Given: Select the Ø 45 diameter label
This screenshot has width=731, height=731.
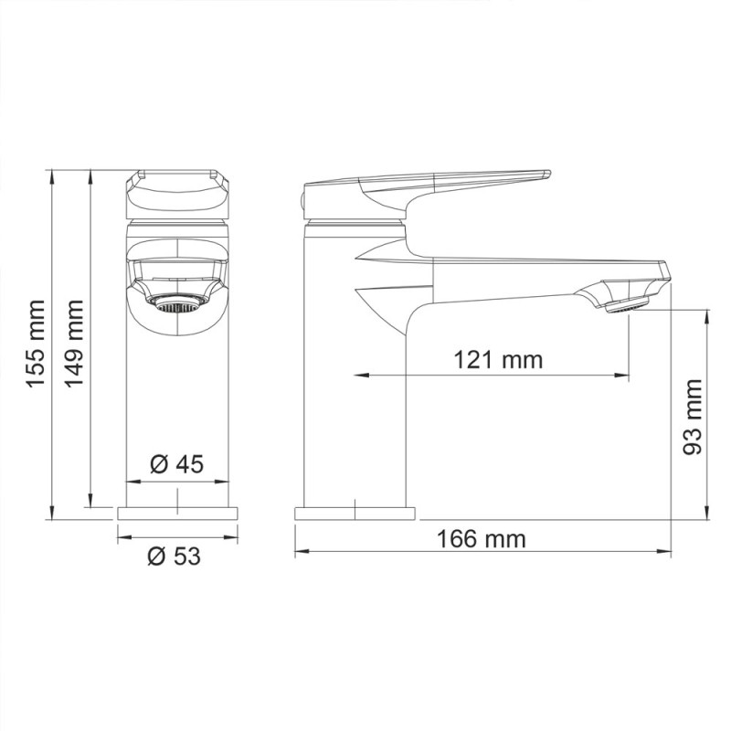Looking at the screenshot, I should tap(176, 465).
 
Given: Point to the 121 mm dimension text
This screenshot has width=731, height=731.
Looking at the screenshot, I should tap(498, 359).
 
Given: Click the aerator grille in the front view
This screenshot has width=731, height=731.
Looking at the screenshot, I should tap(175, 303).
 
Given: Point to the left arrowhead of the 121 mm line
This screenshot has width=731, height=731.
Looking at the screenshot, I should tap(359, 375).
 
